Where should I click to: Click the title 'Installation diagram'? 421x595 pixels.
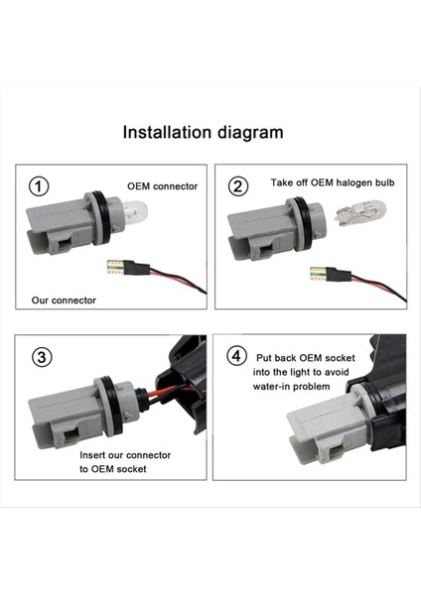coord(203,132)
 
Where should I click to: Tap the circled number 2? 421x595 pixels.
coord(238,186)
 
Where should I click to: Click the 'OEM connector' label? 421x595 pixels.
coord(161,185)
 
